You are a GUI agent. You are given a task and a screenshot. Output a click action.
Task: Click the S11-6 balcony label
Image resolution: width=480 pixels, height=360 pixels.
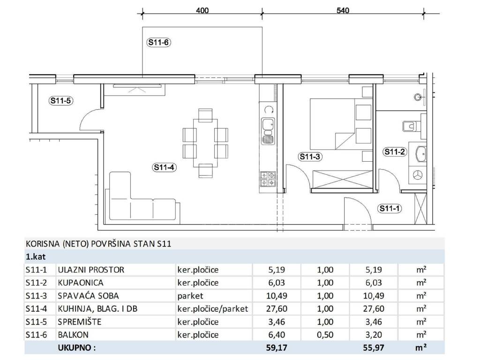click(158, 42)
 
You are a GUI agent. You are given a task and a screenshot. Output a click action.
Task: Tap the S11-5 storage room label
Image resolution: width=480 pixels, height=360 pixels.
click(61, 100)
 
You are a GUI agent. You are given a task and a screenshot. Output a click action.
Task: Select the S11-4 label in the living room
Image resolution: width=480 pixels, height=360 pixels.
click(165, 167)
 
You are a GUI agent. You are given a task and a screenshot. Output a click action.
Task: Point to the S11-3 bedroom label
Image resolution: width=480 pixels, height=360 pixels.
click(310, 157)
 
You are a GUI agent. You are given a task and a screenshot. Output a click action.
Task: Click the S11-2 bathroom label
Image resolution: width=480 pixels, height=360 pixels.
click(395, 151)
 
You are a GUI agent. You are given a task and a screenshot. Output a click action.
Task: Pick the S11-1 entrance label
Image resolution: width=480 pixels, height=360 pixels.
click(390, 209)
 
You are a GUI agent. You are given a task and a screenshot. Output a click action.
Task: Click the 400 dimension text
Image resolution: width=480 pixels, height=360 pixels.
click(202, 10)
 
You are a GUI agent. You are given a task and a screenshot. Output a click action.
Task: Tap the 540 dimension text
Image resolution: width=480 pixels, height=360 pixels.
click(343, 10)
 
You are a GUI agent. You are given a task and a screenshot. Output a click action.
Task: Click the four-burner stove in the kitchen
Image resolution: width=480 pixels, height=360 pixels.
click(268, 179)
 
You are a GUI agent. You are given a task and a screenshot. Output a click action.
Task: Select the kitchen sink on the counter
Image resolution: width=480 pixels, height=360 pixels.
click(268, 131)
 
